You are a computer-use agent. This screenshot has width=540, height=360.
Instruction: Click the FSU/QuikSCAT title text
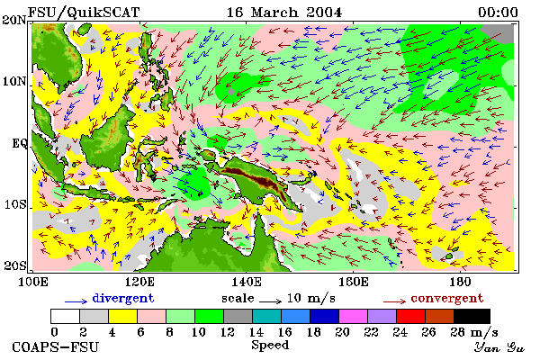point(84,13)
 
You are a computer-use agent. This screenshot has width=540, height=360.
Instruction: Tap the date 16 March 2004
point(284,13)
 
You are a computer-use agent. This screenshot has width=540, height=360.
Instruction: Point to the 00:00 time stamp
point(498,13)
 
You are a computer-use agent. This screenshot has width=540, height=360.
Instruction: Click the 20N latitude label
point(14,20)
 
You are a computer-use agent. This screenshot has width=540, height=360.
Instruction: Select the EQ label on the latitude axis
point(20,143)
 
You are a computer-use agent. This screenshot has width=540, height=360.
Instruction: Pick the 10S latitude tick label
point(15,204)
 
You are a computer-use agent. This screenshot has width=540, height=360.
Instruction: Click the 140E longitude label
point(246,282)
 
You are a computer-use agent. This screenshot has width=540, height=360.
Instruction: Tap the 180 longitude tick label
point(460,282)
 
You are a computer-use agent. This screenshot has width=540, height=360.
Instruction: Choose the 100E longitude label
point(32,282)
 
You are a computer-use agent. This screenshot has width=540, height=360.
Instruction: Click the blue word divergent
point(123,298)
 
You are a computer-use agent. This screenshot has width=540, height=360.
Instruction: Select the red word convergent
point(447,298)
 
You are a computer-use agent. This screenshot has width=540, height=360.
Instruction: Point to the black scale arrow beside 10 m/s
point(270,301)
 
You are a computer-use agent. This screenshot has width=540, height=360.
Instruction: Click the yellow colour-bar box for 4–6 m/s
point(122,316)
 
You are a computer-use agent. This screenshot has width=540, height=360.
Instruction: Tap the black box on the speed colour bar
point(472,316)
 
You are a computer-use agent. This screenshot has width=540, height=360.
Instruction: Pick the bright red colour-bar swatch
point(410,316)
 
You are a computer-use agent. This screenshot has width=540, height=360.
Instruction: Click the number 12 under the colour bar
point(227,332)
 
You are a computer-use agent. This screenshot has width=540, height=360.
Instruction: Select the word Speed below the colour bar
point(270,346)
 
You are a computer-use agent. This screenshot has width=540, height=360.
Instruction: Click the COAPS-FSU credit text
point(56,346)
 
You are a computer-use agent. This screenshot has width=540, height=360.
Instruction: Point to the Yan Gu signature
point(499,347)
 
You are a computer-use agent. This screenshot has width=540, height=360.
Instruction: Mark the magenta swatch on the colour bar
point(353,316)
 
